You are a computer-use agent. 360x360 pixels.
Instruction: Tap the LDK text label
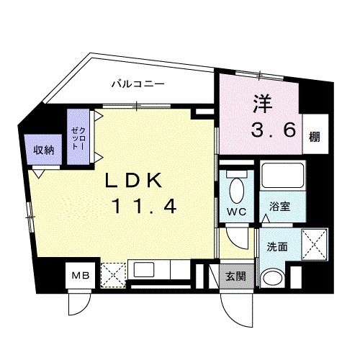(134, 181)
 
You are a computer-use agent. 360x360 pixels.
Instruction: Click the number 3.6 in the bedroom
(273, 130)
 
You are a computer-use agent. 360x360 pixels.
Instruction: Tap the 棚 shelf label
(315, 137)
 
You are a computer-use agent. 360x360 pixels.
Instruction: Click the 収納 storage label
(43, 150)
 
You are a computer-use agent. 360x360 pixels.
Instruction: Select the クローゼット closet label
(78, 139)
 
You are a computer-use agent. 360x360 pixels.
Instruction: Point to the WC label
(237, 212)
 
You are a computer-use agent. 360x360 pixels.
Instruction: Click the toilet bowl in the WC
(237, 190)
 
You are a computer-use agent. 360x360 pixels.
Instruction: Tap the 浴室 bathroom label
(279, 207)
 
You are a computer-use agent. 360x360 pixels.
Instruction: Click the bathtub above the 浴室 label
(283, 176)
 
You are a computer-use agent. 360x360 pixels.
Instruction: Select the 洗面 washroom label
(277, 247)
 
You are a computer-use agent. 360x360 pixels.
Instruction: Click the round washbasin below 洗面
(273, 279)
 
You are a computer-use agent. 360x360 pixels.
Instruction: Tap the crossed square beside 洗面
(315, 244)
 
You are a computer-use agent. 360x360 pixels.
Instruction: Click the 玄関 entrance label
(235, 276)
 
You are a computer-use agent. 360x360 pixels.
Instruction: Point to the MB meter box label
(81, 276)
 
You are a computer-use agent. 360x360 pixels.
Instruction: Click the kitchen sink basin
(144, 269)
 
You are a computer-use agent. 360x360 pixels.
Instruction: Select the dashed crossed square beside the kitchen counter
(113, 275)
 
